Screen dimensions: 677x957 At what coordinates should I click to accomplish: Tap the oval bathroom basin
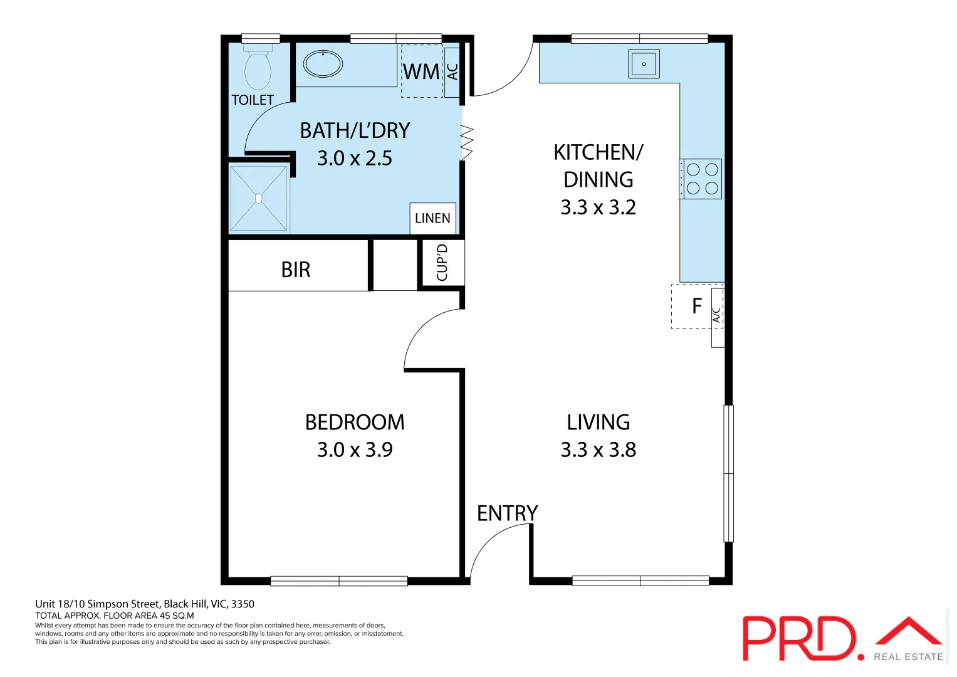(323, 63)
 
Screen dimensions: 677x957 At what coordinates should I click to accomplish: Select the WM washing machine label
(421, 72)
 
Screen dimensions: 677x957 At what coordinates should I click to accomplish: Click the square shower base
(259, 198)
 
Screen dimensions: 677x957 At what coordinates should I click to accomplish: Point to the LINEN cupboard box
(432, 218)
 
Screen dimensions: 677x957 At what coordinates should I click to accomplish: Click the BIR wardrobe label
(296, 270)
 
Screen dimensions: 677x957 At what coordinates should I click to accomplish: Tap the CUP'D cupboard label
(442, 263)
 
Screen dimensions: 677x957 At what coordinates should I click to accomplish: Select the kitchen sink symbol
(644, 64)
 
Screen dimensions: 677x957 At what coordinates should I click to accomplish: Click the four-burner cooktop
(701, 179)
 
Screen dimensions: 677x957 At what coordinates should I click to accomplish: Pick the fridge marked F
(696, 306)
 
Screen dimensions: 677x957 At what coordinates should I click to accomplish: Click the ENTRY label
(507, 513)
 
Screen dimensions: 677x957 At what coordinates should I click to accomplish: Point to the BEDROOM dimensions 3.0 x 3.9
(355, 449)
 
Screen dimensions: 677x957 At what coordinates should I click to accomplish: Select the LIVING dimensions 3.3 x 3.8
(598, 449)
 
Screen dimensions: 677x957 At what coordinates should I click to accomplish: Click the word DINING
(598, 180)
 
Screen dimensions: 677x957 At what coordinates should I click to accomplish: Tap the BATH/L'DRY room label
(355, 130)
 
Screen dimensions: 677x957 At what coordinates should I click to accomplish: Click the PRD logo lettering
(800, 638)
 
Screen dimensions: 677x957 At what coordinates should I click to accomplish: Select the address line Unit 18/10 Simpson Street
(145, 604)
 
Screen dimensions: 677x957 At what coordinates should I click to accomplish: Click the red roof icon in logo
(908, 631)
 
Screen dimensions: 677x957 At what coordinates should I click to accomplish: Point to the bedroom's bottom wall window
(339, 581)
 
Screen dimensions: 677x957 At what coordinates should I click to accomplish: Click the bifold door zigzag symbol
(467, 142)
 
